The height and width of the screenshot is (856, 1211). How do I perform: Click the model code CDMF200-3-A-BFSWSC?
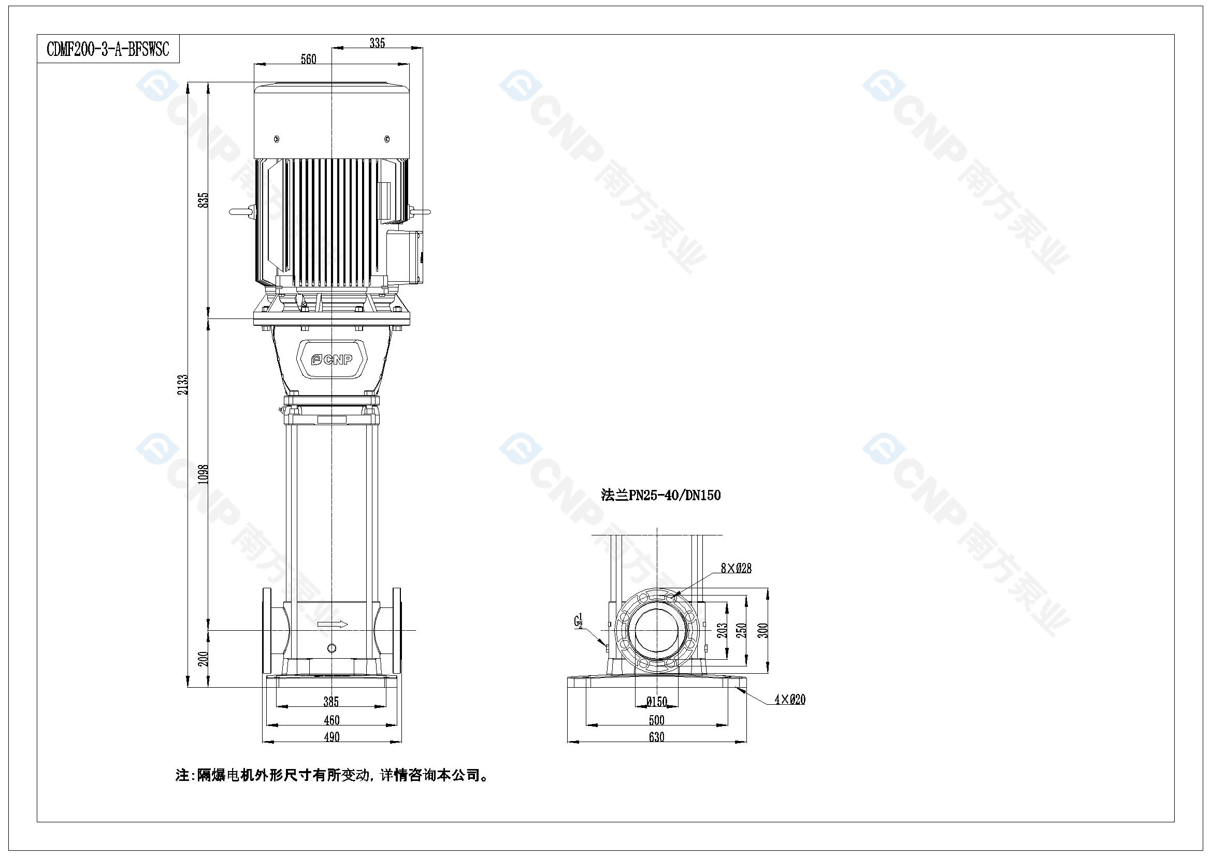pyautogui.click(x=108, y=49)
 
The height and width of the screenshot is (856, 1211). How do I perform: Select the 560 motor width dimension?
pyautogui.click(x=309, y=59)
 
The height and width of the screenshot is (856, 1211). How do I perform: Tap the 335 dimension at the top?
pyautogui.click(x=377, y=42)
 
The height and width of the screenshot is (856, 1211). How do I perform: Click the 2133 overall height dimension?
pyautogui.click(x=182, y=384)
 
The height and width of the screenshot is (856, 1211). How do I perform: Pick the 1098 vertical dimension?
pyautogui.click(x=204, y=474)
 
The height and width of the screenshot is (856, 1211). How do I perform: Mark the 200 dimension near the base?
pyautogui.click(x=204, y=659)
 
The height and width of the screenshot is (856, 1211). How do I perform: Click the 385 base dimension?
pyautogui.click(x=331, y=702)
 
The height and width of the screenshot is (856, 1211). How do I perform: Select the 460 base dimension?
pyautogui.click(x=331, y=720)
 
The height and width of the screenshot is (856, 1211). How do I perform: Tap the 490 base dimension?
pyautogui.click(x=331, y=737)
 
